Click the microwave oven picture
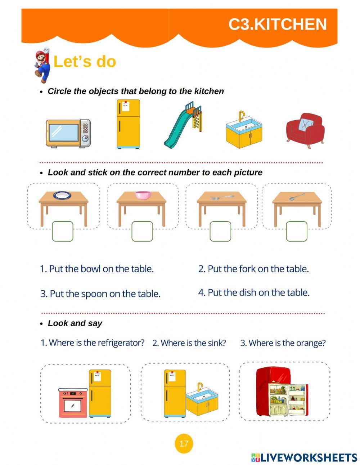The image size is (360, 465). point(68,133)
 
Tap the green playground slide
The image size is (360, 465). point(183,125)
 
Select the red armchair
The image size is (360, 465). point(305,130)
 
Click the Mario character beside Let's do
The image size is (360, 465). point(42,65)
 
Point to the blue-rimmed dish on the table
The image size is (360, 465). point(62,196)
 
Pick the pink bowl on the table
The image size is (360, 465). point(143,195)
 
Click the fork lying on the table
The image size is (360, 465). point(222,197)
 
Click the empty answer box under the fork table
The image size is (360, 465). point(220,231)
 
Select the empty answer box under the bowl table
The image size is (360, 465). point(142,231)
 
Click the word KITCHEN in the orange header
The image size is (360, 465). point(290,24)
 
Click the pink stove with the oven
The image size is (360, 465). point(73,403)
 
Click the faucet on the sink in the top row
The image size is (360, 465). point(242,116)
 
